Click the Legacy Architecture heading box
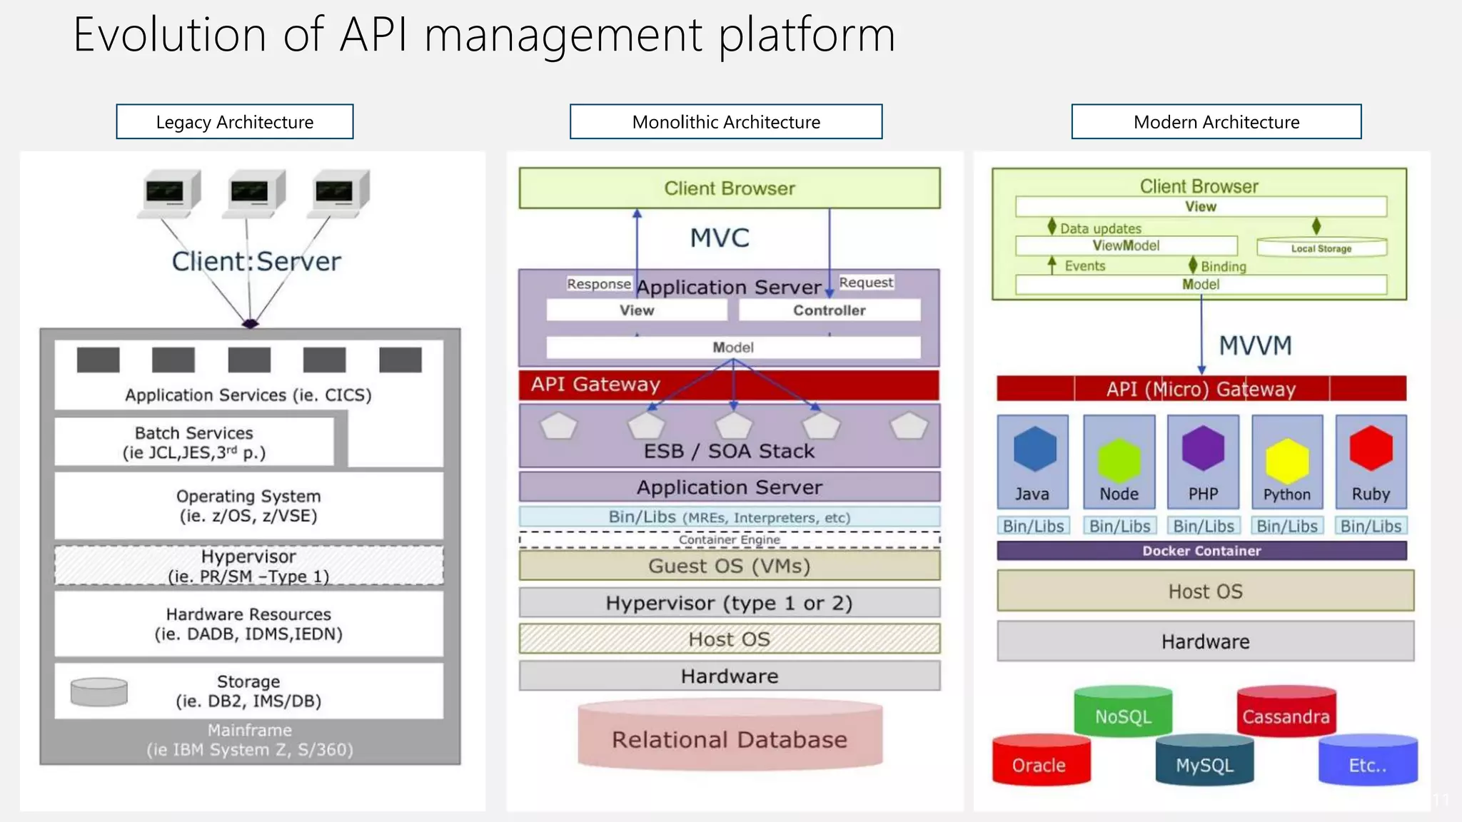click(x=234, y=122)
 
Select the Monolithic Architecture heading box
click(x=726, y=122)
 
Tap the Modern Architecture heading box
click(x=1216, y=122)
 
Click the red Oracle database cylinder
click(x=1041, y=761)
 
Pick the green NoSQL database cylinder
click(x=1123, y=714)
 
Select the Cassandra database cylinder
click(x=1286, y=714)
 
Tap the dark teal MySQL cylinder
click(x=1204, y=762)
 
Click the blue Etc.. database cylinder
click(x=1367, y=762)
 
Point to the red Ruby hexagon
click(x=1371, y=448)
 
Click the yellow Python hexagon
click(x=1286, y=461)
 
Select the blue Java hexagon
click(x=1034, y=449)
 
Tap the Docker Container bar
click(x=1201, y=551)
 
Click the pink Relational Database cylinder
click(x=730, y=737)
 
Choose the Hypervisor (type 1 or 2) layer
click(x=730, y=604)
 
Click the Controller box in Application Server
click(x=829, y=310)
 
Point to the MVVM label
click(x=1255, y=346)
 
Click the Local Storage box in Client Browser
click(x=1321, y=248)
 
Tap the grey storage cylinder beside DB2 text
click(x=99, y=692)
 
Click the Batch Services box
click(x=194, y=442)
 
